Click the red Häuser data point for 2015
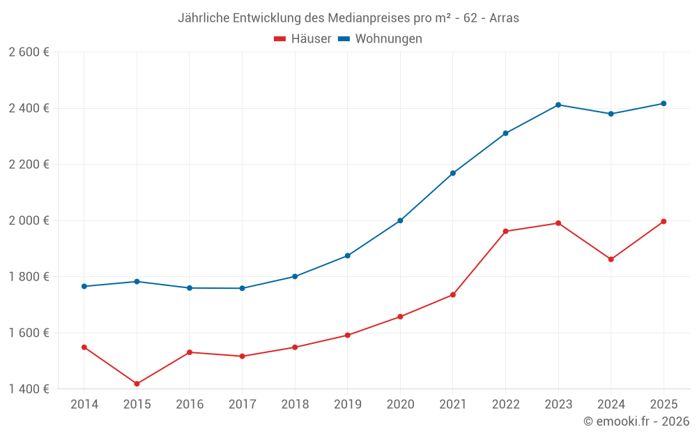137,384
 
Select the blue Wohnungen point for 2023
558,105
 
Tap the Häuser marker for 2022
505,231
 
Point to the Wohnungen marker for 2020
400,220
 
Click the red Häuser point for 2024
611,260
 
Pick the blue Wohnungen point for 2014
84,286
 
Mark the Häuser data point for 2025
664,221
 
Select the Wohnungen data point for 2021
453,173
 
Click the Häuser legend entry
302,39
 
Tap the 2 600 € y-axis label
29,52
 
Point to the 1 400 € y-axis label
29,389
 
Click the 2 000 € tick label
29,220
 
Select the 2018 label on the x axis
295,405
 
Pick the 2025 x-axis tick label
664,405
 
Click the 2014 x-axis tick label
84,405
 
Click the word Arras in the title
504,18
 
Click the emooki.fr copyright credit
636,421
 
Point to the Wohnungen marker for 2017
242,288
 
